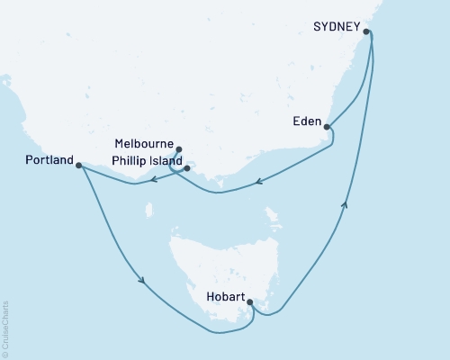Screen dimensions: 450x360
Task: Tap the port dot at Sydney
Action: (366, 31)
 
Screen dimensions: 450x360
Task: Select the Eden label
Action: (306, 121)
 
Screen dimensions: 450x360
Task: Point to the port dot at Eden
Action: (327, 127)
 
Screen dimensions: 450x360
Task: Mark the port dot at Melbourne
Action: (179, 149)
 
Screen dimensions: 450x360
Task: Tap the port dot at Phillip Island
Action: (187, 167)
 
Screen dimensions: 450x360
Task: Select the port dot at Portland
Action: (79, 166)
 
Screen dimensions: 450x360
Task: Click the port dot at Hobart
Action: (249, 302)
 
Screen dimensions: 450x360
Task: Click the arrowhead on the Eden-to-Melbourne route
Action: (258, 183)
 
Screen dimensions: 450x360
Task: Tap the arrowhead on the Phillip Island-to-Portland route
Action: (153, 180)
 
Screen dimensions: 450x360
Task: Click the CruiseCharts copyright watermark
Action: (5, 328)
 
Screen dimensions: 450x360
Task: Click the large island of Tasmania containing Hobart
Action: (225, 261)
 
